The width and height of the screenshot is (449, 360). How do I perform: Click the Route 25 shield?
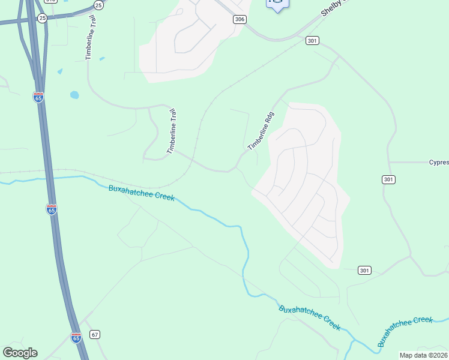tap(41, 19)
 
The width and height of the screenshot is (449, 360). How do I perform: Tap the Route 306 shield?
tap(240, 19)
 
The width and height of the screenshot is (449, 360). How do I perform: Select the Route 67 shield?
tap(95, 334)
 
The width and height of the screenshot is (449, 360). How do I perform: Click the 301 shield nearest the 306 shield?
tap(312, 40)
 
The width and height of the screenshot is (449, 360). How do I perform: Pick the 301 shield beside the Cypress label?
tap(388, 179)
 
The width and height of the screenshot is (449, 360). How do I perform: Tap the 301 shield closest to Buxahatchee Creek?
tap(364, 270)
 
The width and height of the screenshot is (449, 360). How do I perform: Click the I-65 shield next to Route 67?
tap(76, 338)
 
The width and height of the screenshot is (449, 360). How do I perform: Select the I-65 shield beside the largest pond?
tap(38, 97)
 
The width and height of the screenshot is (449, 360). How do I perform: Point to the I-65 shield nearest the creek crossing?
tap(52, 209)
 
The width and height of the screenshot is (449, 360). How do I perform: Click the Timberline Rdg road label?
tap(261, 131)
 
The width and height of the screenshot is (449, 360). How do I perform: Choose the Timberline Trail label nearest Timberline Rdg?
tap(172, 131)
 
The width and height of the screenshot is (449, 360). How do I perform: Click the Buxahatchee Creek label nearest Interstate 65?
tap(142, 193)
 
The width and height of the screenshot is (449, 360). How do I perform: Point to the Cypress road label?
tap(439, 162)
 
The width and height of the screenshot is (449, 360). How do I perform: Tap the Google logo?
tap(20, 353)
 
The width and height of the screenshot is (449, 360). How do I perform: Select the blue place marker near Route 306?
tap(277, 4)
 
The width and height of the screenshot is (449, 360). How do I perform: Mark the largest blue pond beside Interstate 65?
tap(74, 95)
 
